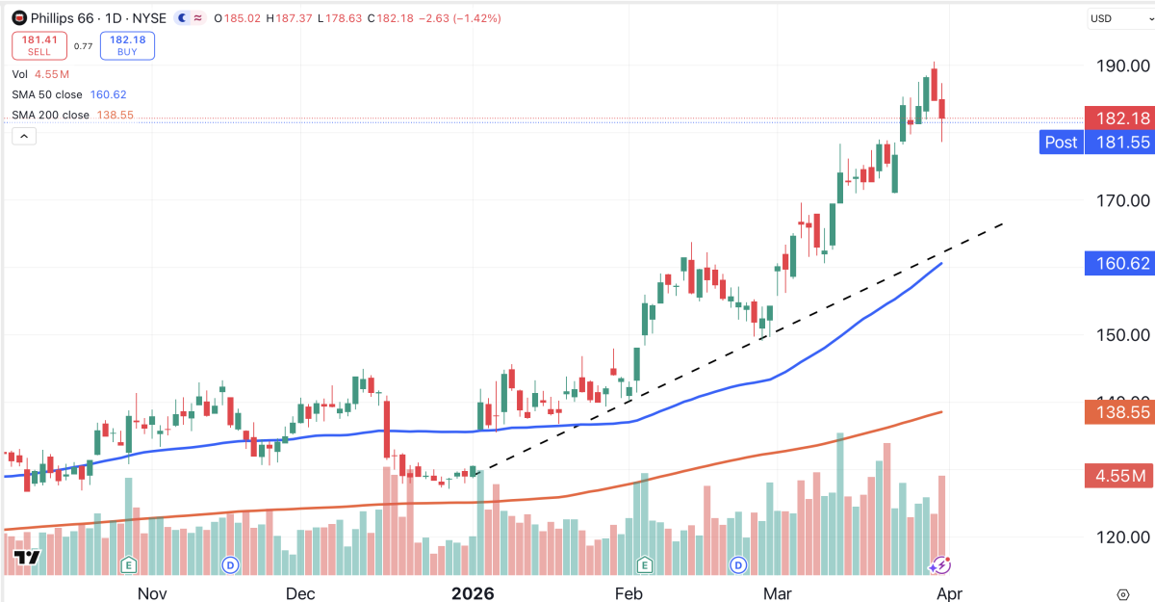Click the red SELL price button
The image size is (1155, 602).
click(38, 45)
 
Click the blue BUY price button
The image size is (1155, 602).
click(127, 45)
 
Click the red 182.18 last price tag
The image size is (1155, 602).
click(1117, 118)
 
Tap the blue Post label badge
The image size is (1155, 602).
click(1061, 143)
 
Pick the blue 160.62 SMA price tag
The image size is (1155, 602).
click(1117, 263)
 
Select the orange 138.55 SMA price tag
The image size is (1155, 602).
click(1117, 412)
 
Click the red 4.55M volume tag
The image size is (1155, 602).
click(1117, 476)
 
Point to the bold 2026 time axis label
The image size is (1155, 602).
click(473, 592)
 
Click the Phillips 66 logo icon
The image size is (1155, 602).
click(18, 18)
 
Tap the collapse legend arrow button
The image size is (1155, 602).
click(24, 136)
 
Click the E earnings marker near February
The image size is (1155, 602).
click(643, 564)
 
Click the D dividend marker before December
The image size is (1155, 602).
click(230, 564)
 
